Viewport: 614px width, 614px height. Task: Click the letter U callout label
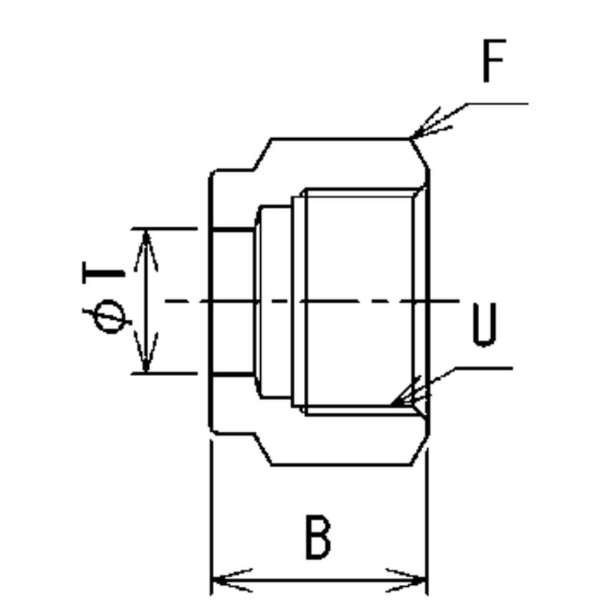(484, 326)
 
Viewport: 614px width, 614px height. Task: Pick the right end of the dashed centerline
(458, 301)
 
